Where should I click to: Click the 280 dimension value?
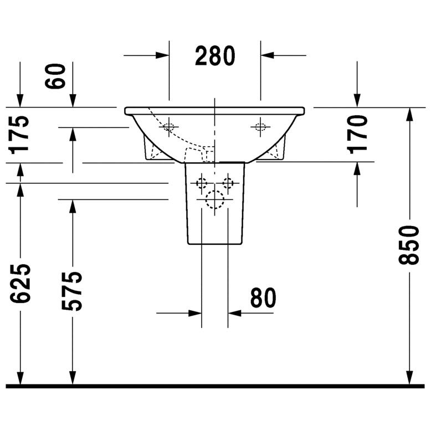(x=215, y=56)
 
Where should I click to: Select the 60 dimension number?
(x=55, y=76)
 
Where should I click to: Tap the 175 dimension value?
(x=19, y=135)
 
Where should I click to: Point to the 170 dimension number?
(x=357, y=135)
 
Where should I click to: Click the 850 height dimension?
(x=409, y=245)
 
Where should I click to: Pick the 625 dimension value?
(x=20, y=284)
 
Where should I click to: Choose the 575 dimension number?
(x=72, y=291)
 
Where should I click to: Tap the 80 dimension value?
(x=263, y=298)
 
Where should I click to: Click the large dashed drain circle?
(x=215, y=199)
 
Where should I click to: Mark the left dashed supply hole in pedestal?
(x=202, y=183)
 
